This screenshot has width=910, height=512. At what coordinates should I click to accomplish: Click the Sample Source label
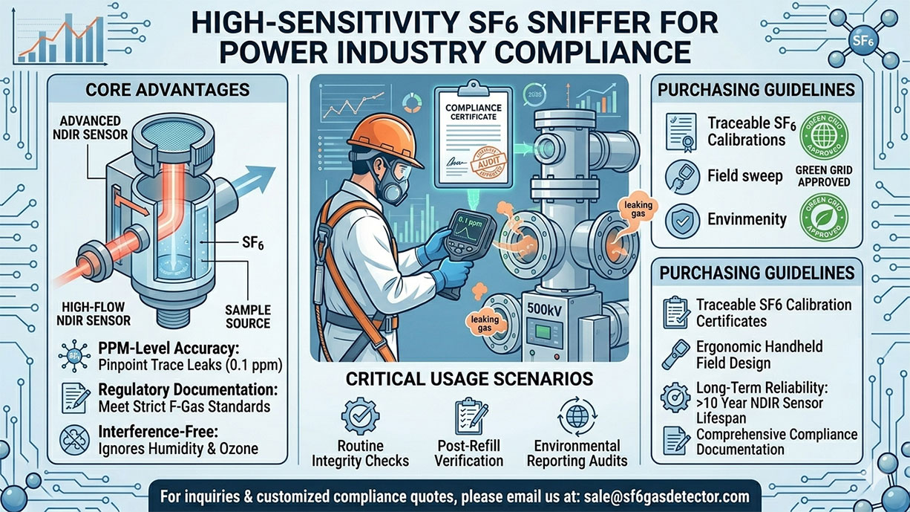pos(246,317)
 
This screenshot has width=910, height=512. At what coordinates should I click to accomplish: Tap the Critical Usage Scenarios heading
pos(469,379)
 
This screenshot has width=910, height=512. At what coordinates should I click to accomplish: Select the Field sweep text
pos(745,176)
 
